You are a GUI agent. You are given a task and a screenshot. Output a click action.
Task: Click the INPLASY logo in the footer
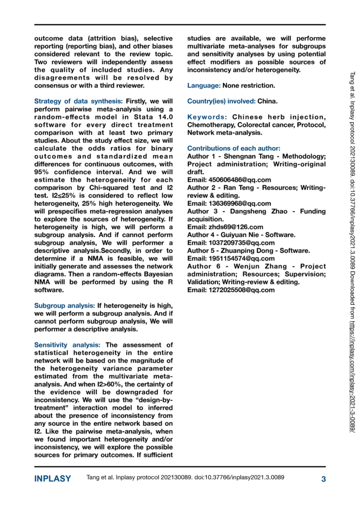pyautogui.click(x=52, y=479)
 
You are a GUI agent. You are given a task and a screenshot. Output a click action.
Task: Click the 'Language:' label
pyautogui.click(x=203, y=86)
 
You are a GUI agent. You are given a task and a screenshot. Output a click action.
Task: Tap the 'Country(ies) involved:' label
pyautogui.click(x=221, y=101)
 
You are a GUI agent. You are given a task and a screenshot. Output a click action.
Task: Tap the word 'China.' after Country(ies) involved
pyautogui.click(x=268, y=101)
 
